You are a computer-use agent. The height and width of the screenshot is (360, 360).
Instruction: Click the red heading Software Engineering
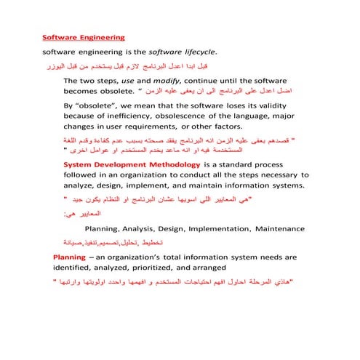click(x=84, y=36)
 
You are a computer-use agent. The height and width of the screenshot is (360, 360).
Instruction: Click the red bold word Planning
click(x=72, y=257)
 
